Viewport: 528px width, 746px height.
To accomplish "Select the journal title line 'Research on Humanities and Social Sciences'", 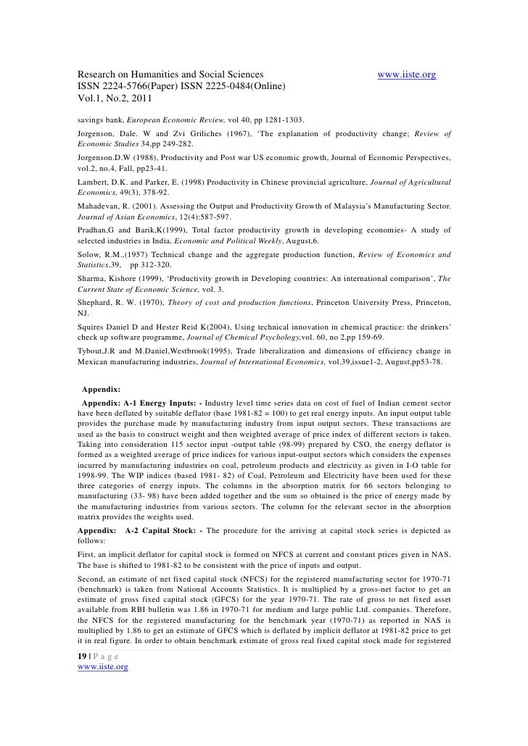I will pos(170,75).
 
